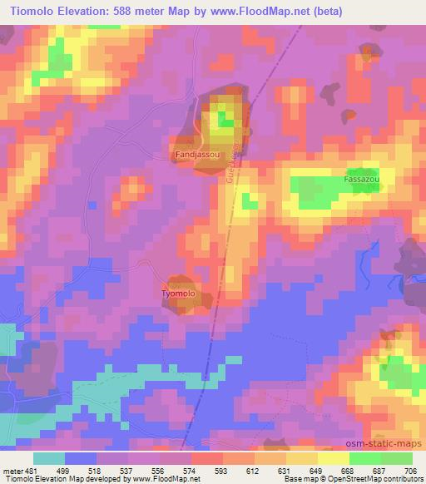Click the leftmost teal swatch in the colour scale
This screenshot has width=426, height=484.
coord(49,457)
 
